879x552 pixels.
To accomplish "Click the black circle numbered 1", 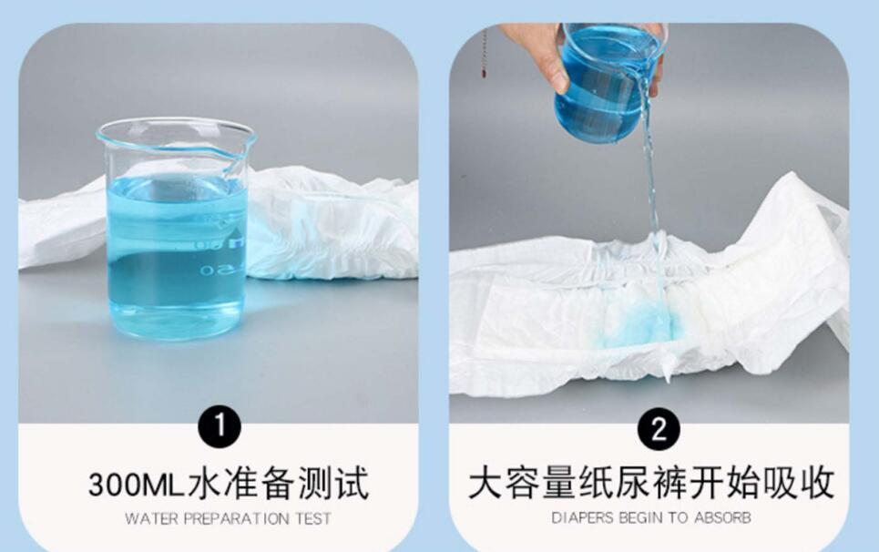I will (219, 426).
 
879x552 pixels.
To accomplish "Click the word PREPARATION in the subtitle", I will (237, 519).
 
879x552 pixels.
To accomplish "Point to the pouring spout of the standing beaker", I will (243, 145).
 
